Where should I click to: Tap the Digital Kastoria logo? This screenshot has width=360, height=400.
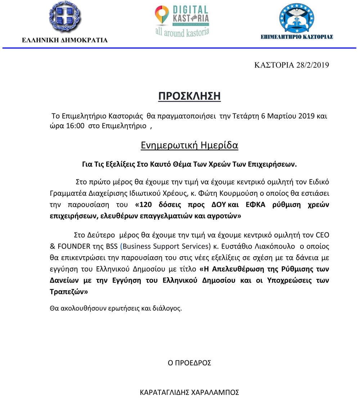(182, 21)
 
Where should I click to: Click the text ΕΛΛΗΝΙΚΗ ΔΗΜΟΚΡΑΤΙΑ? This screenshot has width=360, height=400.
(65, 40)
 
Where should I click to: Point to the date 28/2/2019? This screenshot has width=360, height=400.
(313, 65)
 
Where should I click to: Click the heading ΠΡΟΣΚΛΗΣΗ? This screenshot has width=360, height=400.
(189, 96)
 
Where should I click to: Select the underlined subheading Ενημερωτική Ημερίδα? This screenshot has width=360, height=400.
(189, 146)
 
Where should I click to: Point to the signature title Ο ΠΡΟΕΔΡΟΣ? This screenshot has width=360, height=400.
(189, 363)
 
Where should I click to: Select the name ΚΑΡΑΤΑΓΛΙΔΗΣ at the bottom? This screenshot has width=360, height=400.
(165, 392)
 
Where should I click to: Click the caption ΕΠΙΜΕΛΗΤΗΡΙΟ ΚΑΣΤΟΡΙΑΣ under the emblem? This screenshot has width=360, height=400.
(296, 37)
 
